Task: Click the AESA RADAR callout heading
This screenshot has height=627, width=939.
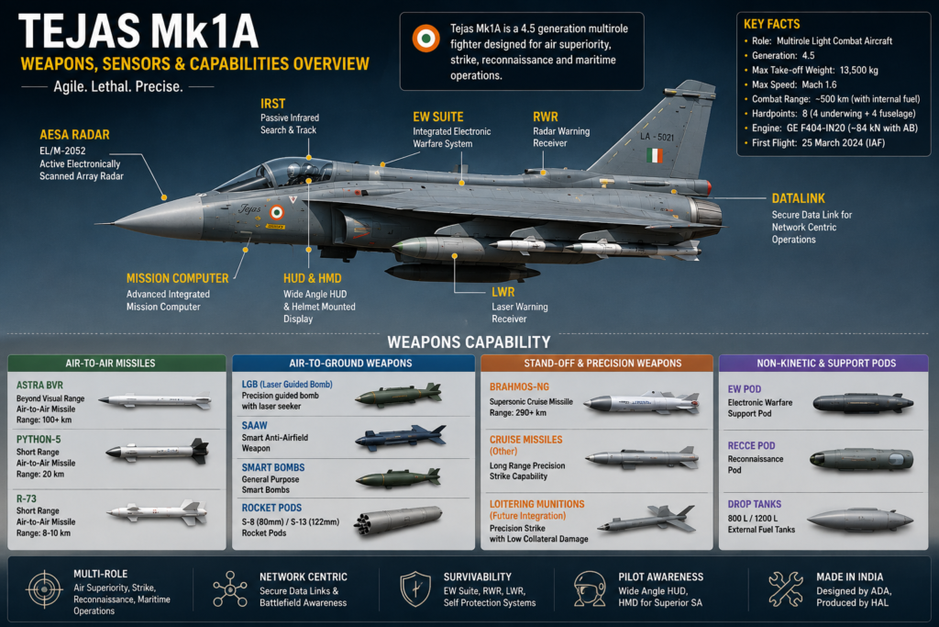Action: pyautogui.click(x=74, y=135)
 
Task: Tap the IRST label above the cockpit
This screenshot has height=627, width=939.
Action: pyautogui.click(x=272, y=104)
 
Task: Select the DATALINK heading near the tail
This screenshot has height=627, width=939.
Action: pyautogui.click(x=799, y=198)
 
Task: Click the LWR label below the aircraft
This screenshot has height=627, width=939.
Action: pyautogui.click(x=503, y=292)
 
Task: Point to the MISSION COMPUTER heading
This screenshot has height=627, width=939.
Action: pyautogui.click(x=177, y=279)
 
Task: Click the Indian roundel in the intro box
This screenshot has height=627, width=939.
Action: pyautogui.click(x=425, y=39)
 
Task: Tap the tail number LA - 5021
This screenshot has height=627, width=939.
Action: pyautogui.click(x=657, y=137)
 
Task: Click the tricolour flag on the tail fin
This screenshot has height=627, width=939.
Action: pyautogui.click(x=655, y=156)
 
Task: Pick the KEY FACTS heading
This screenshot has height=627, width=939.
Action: pyautogui.click(x=772, y=24)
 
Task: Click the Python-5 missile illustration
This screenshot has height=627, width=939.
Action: pyautogui.click(x=158, y=451)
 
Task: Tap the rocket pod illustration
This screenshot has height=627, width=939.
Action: pyautogui.click(x=398, y=519)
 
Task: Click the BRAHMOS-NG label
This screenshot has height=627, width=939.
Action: pyautogui.click(x=519, y=387)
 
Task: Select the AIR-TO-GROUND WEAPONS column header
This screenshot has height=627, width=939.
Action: pyautogui.click(x=351, y=364)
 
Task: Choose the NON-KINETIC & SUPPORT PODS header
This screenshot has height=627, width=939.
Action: pyautogui.click(x=826, y=364)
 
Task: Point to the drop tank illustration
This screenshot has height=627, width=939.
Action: pyautogui.click(x=860, y=520)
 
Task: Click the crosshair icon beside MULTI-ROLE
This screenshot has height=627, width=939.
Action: pyautogui.click(x=44, y=589)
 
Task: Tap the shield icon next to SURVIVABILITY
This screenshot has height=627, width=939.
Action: pyautogui.click(x=415, y=589)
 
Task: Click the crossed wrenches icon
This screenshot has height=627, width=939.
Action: pyautogui.click(x=786, y=589)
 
